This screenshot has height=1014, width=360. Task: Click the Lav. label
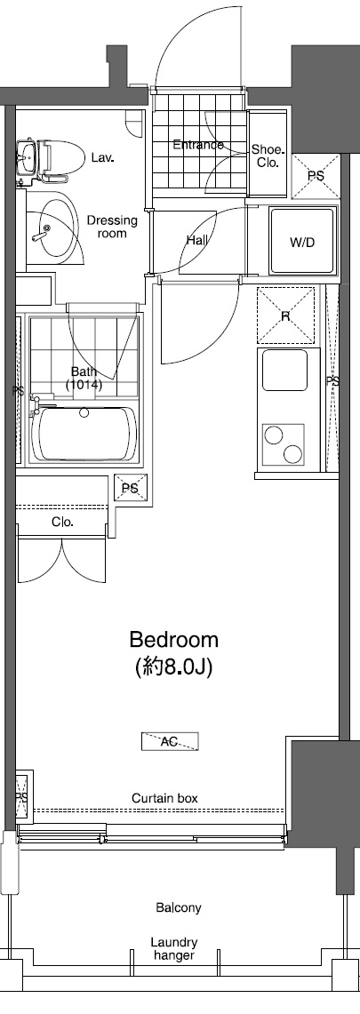(x=101, y=157)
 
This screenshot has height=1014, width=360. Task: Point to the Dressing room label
(x=112, y=228)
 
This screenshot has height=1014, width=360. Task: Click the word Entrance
(x=197, y=145)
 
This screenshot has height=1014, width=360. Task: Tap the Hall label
(x=197, y=240)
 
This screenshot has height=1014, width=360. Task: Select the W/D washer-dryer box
(x=301, y=241)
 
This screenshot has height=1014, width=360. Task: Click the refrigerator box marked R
(x=286, y=315)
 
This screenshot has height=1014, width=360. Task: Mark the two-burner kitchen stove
(x=284, y=443)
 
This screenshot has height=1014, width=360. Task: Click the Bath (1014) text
(x=84, y=379)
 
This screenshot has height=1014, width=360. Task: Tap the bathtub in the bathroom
(x=84, y=435)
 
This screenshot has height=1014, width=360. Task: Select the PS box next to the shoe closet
(x=316, y=175)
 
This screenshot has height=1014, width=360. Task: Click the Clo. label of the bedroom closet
(x=62, y=522)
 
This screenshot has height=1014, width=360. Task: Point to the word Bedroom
(x=174, y=640)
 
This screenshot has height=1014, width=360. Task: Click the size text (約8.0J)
(x=174, y=667)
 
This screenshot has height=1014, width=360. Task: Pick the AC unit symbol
(x=169, y=741)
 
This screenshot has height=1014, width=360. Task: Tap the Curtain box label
(x=164, y=798)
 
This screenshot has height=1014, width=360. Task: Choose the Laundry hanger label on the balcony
(x=174, y=948)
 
